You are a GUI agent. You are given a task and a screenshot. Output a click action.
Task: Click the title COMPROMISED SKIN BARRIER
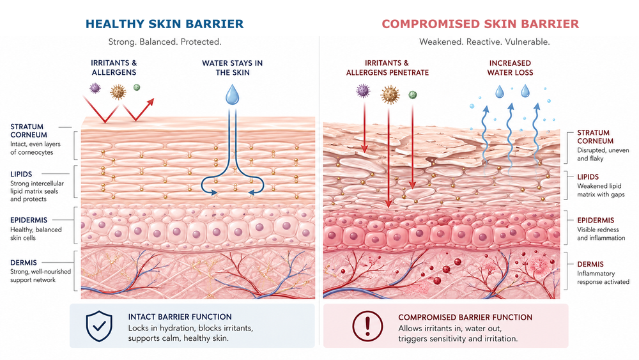(x=480, y=24)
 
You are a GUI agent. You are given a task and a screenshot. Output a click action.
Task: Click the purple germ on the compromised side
(x=363, y=92)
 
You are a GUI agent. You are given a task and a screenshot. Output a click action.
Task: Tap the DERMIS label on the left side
(x=24, y=262)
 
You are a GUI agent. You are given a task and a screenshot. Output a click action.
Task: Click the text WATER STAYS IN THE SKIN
(x=232, y=68)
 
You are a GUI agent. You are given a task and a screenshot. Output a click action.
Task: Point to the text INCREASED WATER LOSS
(x=511, y=68)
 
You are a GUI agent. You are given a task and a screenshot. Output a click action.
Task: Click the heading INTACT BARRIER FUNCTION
(x=180, y=317)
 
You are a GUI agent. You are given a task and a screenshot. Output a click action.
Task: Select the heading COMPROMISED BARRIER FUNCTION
(x=465, y=317)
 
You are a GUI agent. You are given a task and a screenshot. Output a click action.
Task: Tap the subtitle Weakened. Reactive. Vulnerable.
(x=484, y=42)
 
